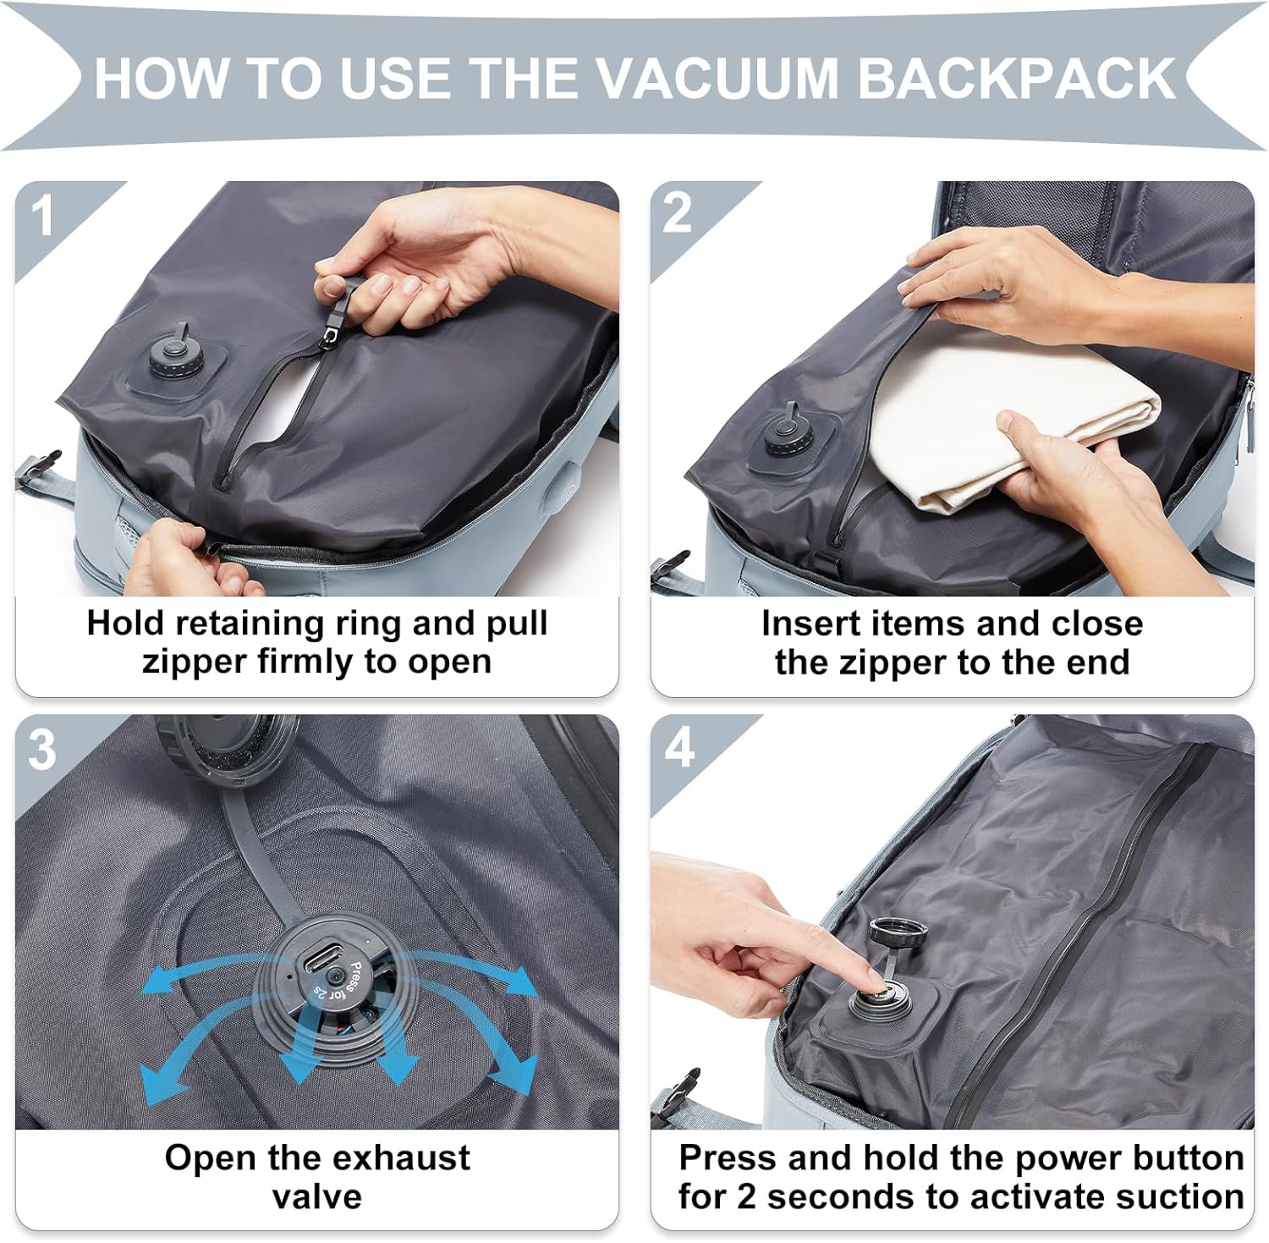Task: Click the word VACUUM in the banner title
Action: point(718,78)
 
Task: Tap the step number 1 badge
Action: point(42,217)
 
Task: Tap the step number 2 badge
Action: point(677,213)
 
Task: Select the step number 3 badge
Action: point(42,750)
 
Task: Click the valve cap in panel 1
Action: point(176,355)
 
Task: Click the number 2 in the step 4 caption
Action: point(746,1197)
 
